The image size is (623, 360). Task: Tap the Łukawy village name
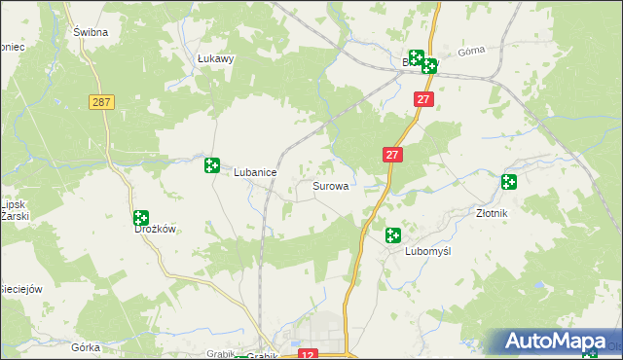(x=216, y=58)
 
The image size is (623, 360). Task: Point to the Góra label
(x=470, y=52)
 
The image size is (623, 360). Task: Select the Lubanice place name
(x=255, y=172)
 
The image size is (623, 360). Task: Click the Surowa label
(x=330, y=185)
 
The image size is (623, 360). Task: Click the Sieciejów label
(x=21, y=289)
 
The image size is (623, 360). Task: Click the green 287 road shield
(x=100, y=101)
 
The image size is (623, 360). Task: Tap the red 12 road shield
(x=309, y=354)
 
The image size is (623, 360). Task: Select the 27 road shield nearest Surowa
(x=391, y=155)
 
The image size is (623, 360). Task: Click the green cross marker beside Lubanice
(x=211, y=164)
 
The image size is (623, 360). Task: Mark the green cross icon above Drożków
(x=140, y=218)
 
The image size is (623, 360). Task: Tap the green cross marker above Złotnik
(x=508, y=182)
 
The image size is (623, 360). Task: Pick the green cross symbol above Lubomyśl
(x=392, y=234)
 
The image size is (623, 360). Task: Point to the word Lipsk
(x=12, y=204)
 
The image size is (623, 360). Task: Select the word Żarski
(x=14, y=216)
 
